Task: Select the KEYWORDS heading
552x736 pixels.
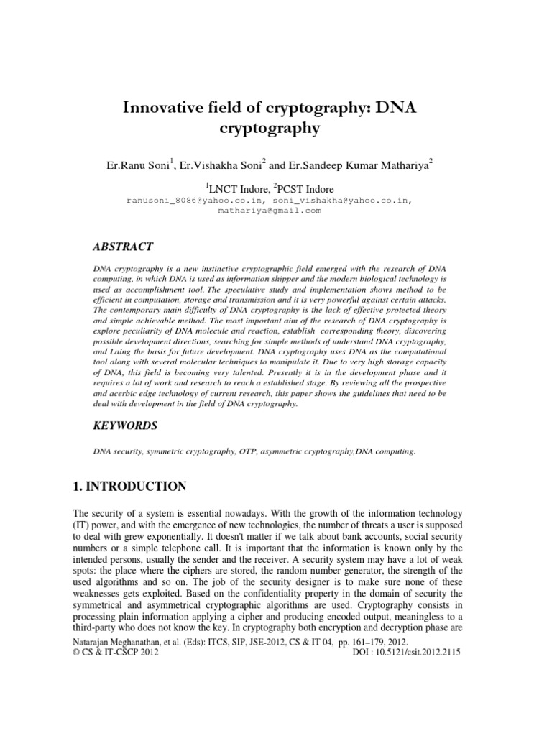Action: pyautogui.click(x=126, y=425)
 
